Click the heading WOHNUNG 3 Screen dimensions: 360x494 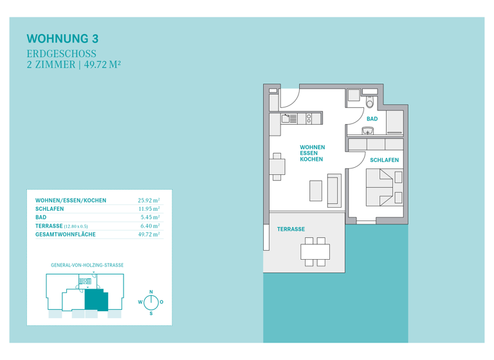click(63, 39)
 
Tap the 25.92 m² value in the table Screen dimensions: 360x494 click(149, 201)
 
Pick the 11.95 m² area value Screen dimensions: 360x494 click(149, 209)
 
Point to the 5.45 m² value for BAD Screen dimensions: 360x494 click(151, 218)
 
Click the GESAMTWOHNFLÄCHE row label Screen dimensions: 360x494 click(65, 235)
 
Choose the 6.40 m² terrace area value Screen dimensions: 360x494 click(151, 226)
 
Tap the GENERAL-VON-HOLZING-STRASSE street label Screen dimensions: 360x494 click(86, 265)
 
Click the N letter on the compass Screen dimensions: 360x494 click(151, 292)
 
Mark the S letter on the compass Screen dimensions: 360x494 click(151, 313)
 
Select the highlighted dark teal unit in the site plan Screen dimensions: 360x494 click(95, 299)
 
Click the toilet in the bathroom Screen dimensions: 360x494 click(370, 102)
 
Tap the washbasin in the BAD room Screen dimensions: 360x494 click(367, 131)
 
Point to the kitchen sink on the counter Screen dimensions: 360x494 click(289, 118)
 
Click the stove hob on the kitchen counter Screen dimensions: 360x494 click(309, 118)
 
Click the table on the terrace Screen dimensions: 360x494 click(315, 251)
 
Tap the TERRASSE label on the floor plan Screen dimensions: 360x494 click(291, 229)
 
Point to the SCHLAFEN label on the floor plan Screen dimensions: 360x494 click(384, 159)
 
